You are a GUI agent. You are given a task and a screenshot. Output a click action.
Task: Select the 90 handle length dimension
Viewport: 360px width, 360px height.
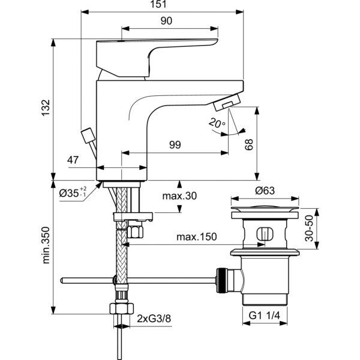[x=167, y=21]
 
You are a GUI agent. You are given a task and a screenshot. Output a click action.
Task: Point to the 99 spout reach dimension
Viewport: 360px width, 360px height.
[x=175, y=145]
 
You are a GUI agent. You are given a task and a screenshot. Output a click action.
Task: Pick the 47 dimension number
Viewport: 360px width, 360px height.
[x=73, y=161]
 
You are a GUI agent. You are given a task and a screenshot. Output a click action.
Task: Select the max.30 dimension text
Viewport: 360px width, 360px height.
[x=179, y=196]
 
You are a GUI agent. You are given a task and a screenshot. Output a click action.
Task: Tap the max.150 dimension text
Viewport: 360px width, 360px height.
[x=196, y=238]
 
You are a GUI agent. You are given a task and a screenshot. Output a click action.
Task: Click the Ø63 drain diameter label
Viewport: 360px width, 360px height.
[x=265, y=191]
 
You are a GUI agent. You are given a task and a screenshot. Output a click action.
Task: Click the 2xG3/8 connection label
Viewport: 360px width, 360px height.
[x=153, y=317]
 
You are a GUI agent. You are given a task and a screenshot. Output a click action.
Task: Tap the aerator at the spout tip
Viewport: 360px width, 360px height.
[x=227, y=104]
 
